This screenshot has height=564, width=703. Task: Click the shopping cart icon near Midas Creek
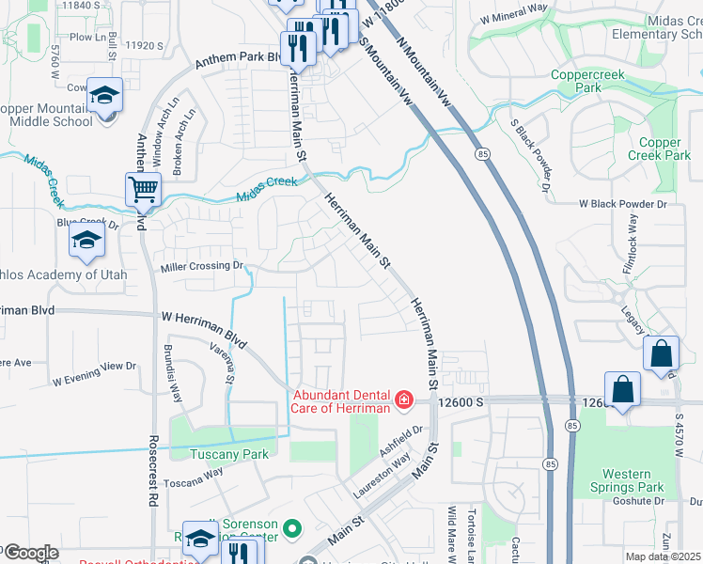coord(144,189)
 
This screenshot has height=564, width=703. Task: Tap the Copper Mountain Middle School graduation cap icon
coord(105,95)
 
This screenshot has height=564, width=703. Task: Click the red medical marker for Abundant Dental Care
coord(403,400)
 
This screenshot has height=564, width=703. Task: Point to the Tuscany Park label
coord(229,454)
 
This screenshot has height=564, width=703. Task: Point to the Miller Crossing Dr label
coord(202,267)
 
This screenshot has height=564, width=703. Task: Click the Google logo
coord(30,553)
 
